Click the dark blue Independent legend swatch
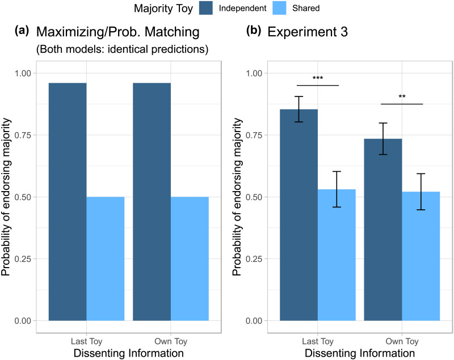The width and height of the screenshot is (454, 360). [206, 8]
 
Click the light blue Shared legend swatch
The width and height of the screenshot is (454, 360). [279, 8]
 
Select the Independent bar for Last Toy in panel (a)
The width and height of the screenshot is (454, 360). [68, 202]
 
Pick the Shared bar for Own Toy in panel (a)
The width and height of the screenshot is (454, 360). [190, 259]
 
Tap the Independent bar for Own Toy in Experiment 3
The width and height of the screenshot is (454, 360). [382, 230]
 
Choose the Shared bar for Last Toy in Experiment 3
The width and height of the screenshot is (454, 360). [337, 255]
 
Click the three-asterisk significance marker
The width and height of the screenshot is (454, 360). [318, 78]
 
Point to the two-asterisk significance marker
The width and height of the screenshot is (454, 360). [402, 96]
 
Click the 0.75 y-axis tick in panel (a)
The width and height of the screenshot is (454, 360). [23, 135]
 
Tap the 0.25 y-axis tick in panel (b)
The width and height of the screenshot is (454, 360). [254, 259]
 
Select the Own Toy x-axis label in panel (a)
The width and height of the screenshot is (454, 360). [171, 341]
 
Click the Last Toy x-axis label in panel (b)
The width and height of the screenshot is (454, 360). [318, 341]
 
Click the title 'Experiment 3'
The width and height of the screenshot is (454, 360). [308, 32]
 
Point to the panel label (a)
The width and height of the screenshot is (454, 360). [22, 31]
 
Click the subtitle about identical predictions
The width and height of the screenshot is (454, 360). [122, 49]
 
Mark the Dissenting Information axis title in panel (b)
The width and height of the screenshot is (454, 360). [360, 353]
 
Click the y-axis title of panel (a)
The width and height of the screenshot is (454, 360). [6, 197]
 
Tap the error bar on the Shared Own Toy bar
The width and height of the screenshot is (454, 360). [421, 192]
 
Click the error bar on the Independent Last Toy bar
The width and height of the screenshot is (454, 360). [299, 109]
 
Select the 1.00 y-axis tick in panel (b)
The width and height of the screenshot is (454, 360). [254, 73]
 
